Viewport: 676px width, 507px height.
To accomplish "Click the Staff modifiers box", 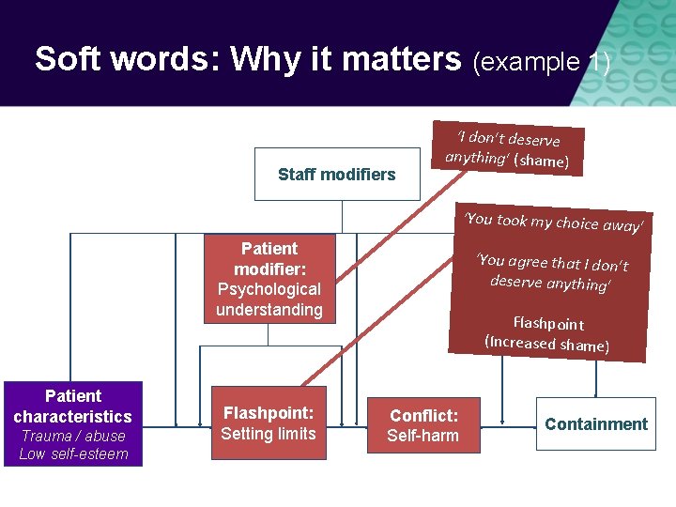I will (x=337, y=174).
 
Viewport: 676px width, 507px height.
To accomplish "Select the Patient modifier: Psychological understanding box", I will (x=269, y=279).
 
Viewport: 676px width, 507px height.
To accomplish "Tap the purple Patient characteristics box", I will (x=72, y=423).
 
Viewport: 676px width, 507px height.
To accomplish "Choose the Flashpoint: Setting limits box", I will (x=269, y=422).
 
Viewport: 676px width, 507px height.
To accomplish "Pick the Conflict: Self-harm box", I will (x=423, y=424).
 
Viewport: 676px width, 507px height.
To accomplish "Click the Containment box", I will (x=596, y=423).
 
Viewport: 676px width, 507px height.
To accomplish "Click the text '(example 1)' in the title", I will (x=541, y=62).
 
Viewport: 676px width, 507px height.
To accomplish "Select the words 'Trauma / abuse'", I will (x=72, y=436).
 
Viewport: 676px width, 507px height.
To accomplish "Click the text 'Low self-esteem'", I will (x=72, y=454).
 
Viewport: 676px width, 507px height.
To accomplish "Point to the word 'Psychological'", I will (x=269, y=289).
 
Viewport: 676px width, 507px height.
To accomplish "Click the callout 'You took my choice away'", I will (x=555, y=223).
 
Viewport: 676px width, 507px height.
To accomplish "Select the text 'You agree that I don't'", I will (x=552, y=263).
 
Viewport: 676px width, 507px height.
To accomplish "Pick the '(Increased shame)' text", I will (x=546, y=343).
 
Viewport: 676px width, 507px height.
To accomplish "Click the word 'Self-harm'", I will (x=423, y=435).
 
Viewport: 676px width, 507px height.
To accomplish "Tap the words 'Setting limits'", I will (x=269, y=433).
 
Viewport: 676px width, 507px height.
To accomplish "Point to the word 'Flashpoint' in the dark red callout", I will (x=548, y=324).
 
